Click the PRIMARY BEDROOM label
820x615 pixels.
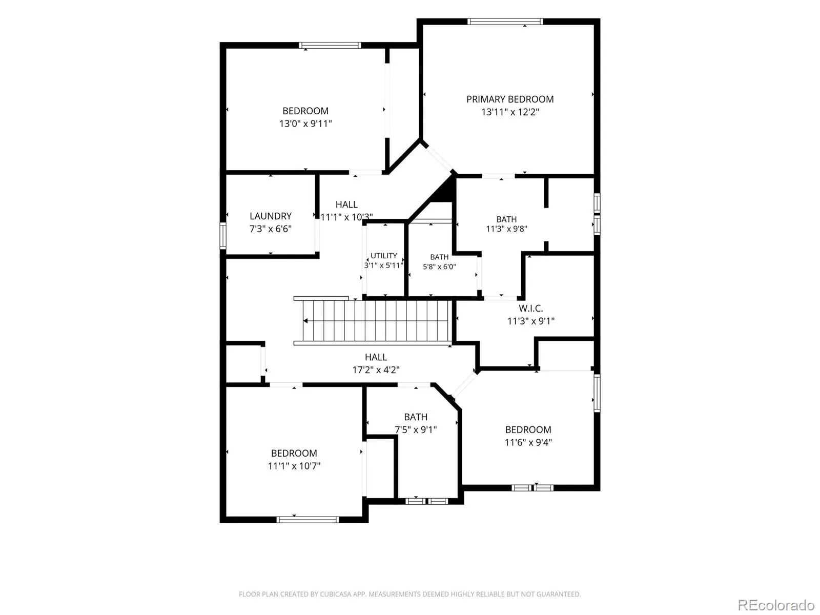[510, 99]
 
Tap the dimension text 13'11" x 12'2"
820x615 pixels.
[510, 112]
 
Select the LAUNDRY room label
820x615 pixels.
[271, 216]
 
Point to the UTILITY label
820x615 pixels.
[384, 256]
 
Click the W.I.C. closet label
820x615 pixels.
[530, 309]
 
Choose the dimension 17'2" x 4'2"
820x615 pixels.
[376, 370]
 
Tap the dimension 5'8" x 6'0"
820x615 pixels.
[439, 266]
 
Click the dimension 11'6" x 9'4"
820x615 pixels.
[528, 442]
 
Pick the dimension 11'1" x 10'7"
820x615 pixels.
[294, 466]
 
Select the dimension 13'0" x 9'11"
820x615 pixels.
[305, 124]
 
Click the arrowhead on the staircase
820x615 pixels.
[305, 321]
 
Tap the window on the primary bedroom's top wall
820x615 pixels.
[505, 22]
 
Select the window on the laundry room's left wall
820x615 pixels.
[223, 236]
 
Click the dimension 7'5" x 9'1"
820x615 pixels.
[416, 430]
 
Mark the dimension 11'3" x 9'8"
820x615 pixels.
[506, 229]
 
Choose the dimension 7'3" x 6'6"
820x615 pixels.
[271, 229]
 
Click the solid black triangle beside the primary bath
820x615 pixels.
[446, 192]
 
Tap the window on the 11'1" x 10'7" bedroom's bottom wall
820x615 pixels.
[308, 519]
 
